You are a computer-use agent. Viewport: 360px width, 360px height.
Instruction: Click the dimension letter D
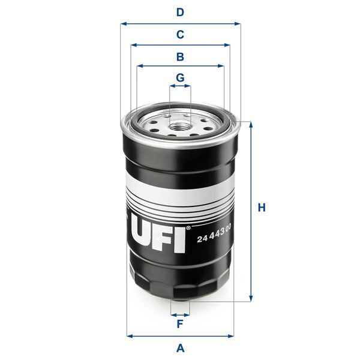click(179, 12)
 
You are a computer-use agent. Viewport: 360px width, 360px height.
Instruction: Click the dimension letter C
click(179, 34)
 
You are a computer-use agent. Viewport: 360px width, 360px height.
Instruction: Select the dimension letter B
click(179, 57)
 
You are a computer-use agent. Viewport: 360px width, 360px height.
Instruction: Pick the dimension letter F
click(179, 325)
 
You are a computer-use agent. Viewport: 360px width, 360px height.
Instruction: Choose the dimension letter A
click(179, 348)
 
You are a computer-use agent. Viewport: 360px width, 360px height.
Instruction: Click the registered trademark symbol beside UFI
click(188, 228)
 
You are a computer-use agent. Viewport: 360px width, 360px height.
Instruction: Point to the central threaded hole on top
click(180, 125)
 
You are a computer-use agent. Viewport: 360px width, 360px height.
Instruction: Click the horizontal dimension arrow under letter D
click(180, 24)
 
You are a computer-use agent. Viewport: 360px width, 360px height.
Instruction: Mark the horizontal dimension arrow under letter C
click(180, 45)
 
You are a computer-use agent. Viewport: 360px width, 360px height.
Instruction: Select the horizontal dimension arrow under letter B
click(180, 66)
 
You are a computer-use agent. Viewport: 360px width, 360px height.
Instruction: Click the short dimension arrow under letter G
click(180, 86)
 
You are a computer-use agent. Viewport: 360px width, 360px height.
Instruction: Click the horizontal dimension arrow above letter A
click(180, 335)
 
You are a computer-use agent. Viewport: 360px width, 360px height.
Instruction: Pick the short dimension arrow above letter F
click(180, 314)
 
